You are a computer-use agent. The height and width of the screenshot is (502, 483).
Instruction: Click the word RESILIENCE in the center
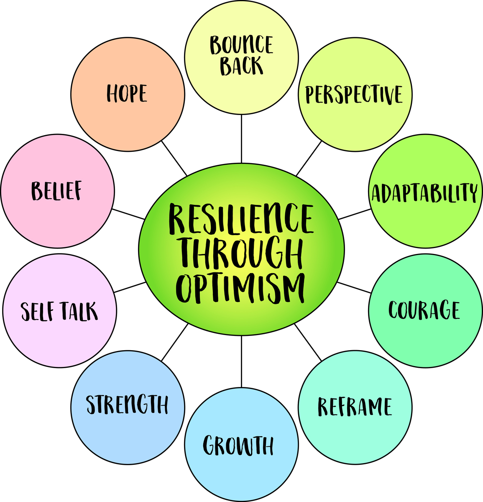(241, 219)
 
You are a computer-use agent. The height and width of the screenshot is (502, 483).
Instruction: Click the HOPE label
(127, 93)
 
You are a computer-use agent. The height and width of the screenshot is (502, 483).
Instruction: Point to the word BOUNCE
(241, 45)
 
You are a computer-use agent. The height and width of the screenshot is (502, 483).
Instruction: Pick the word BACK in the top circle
(241, 66)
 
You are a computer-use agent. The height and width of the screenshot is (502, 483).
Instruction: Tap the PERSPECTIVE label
(354, 95)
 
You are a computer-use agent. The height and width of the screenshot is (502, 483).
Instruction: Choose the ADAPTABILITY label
(424, 193)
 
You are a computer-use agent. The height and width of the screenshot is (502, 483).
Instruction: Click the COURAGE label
(424, 310)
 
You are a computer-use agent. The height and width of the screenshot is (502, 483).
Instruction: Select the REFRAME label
(355, 407)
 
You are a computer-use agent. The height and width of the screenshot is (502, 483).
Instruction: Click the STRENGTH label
(127, 404)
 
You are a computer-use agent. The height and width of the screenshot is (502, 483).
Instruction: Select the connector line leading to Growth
(241, 361)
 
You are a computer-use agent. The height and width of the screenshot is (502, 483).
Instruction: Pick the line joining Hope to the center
(174, 158)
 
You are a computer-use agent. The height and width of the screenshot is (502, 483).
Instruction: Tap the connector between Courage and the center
(354, 287)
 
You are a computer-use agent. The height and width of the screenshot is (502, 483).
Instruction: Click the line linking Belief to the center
(128, 214)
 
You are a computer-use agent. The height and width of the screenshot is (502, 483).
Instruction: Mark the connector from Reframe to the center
(308, 342)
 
